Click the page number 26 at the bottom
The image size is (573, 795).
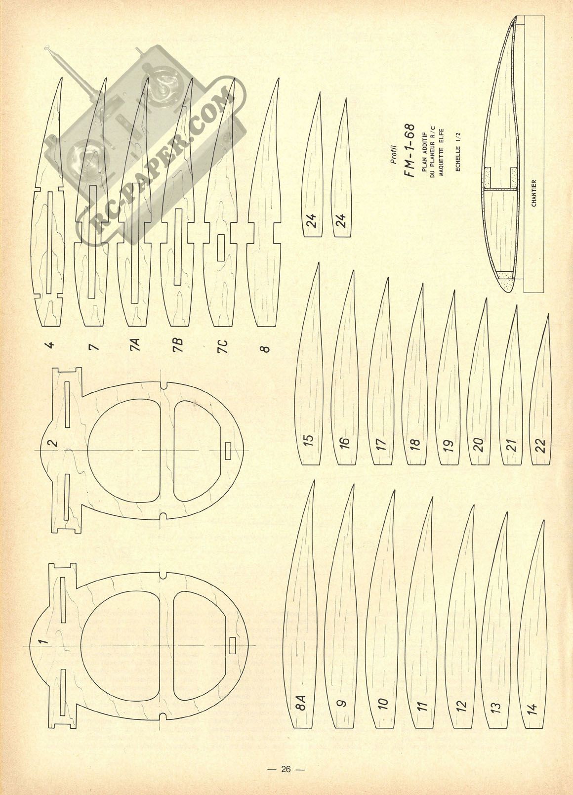pyautogui.click(x=286, y=766)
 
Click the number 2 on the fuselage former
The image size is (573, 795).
pyautogui.click(x=52, y=443)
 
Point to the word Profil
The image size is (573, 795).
pyautogui.click(x=393, y=156)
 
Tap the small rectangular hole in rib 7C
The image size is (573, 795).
pyautogui.click(x=221, y=248)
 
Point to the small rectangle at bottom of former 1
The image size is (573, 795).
pyautogui.click(x=232, y=645)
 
